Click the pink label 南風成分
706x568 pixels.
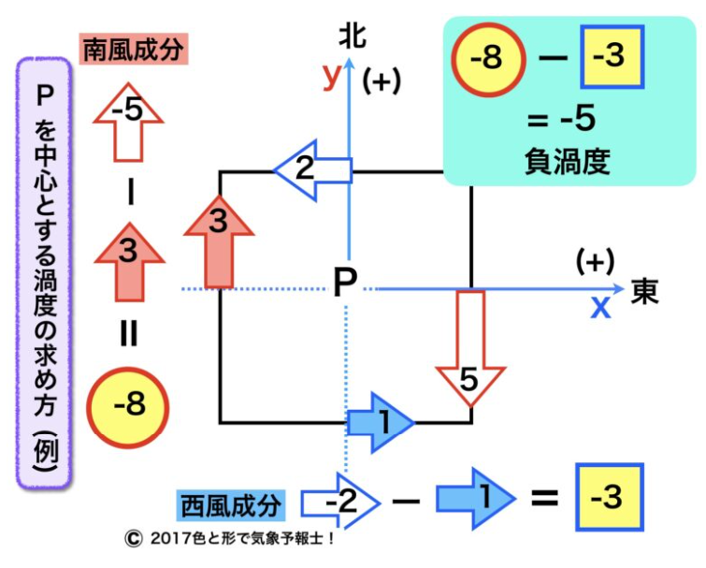[135, 50]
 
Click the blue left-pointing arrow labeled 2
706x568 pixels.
[311, 170]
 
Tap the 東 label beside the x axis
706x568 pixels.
[645, 291]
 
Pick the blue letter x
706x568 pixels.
[599, 306]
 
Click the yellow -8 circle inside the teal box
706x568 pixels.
[487, 59]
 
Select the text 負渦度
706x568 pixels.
[568, 162]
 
